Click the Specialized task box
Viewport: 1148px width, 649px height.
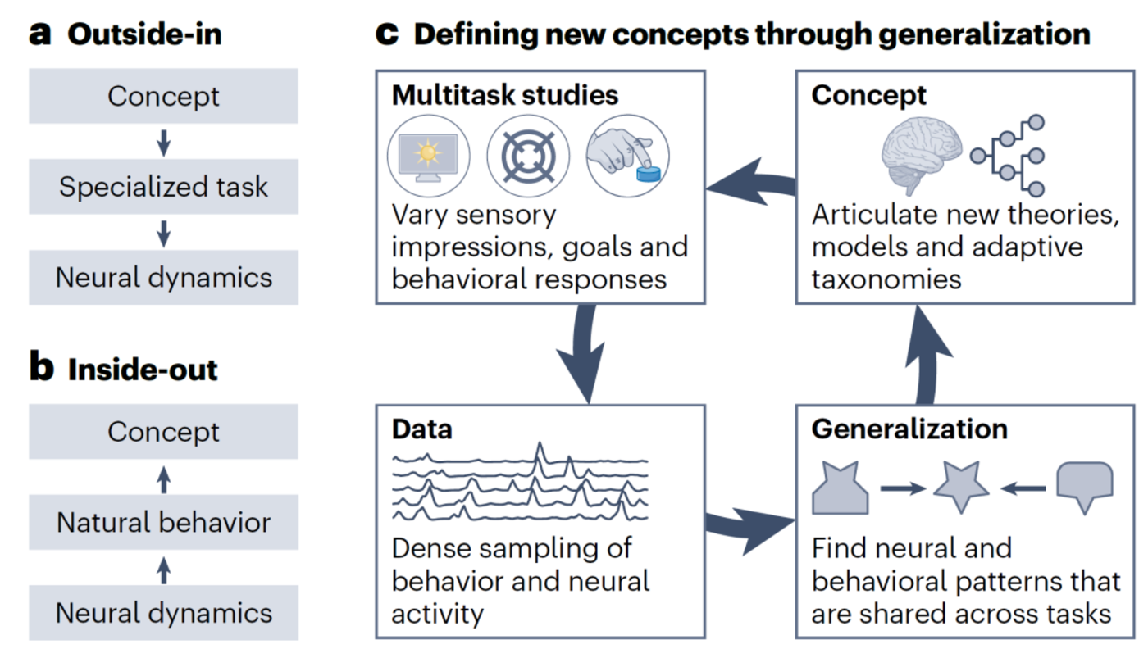pos(163,187)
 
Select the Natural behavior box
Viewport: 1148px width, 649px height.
pos(163,522)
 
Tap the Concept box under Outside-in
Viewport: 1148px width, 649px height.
pos(163,96)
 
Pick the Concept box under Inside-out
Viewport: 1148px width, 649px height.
pos(163,432)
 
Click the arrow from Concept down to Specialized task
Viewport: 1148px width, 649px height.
pos(163,142)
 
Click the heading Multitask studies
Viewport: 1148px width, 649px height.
pos(504,95)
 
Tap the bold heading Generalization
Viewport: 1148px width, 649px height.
pos(909,429)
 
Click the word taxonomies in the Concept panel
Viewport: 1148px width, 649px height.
pos(886,279)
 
